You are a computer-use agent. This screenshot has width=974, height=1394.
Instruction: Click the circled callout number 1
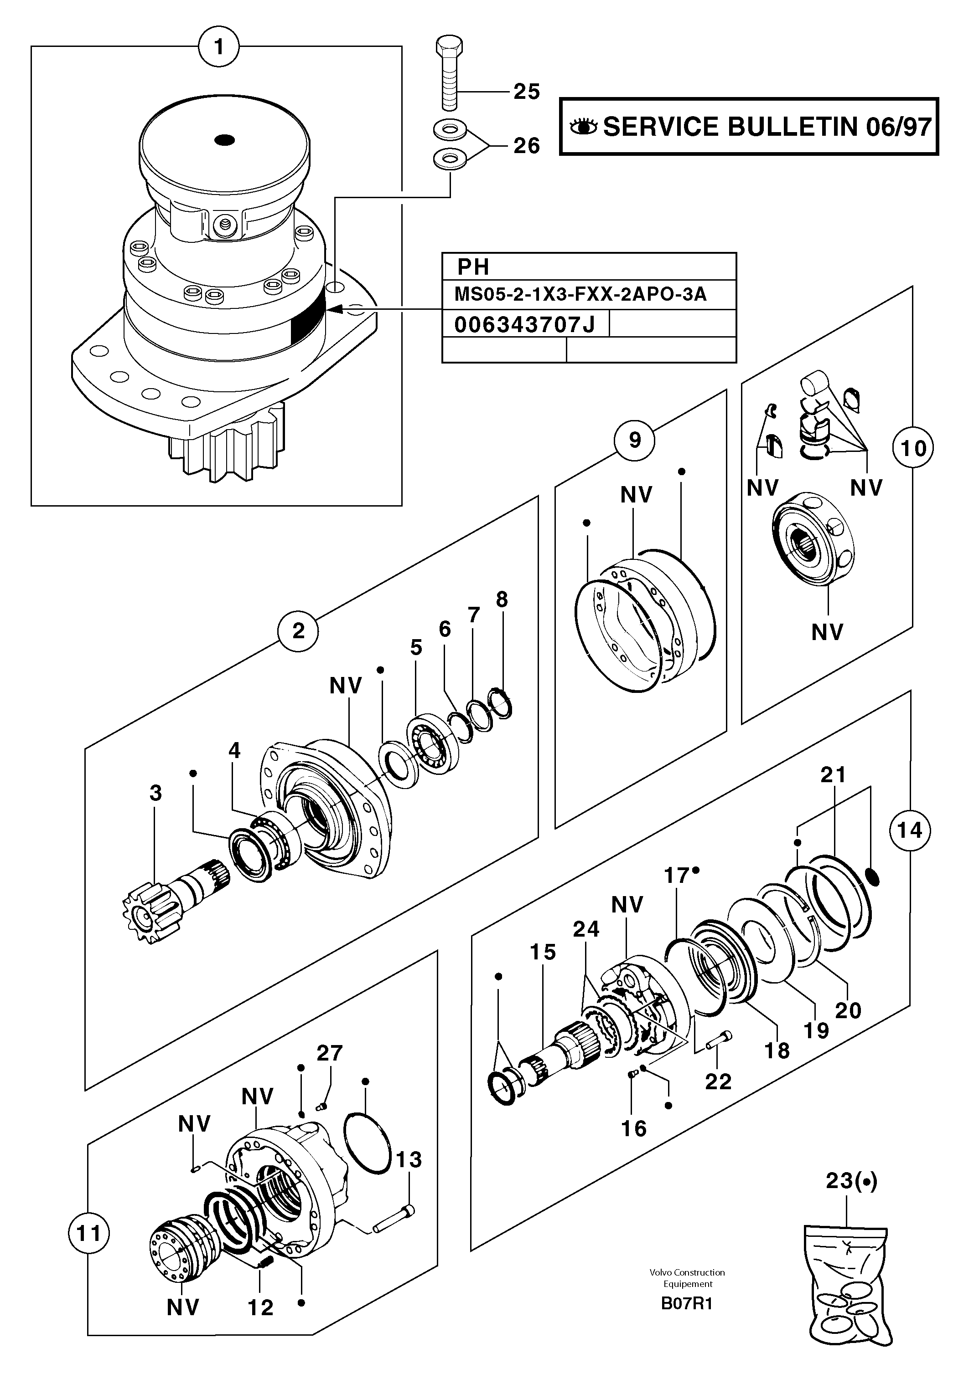pos(219,47)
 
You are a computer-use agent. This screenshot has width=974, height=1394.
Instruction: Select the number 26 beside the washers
pos(526,146)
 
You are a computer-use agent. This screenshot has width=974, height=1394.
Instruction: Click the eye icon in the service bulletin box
pos(583,127)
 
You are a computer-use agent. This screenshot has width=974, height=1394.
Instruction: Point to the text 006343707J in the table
pos(524,325)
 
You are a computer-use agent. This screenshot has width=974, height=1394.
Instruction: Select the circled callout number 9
pos(634,440)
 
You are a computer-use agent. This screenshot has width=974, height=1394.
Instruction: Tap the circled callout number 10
pos(912,449)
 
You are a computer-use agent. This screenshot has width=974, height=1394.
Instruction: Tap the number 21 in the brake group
pos(833,775)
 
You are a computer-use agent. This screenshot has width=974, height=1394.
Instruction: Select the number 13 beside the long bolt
pos(408,1160)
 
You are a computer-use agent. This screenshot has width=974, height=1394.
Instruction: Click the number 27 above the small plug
pos(329,1053)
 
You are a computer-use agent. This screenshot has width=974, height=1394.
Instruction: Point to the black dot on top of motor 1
pos(225,140)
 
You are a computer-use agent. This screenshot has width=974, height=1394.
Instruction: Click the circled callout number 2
pos(298,631)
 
